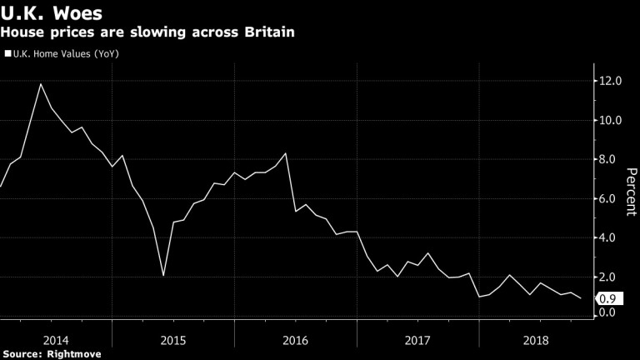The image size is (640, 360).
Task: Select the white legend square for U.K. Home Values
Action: click(7, 54)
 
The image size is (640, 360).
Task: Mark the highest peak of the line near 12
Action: click(41, 83)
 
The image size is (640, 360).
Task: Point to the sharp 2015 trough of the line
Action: click(163, 276)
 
